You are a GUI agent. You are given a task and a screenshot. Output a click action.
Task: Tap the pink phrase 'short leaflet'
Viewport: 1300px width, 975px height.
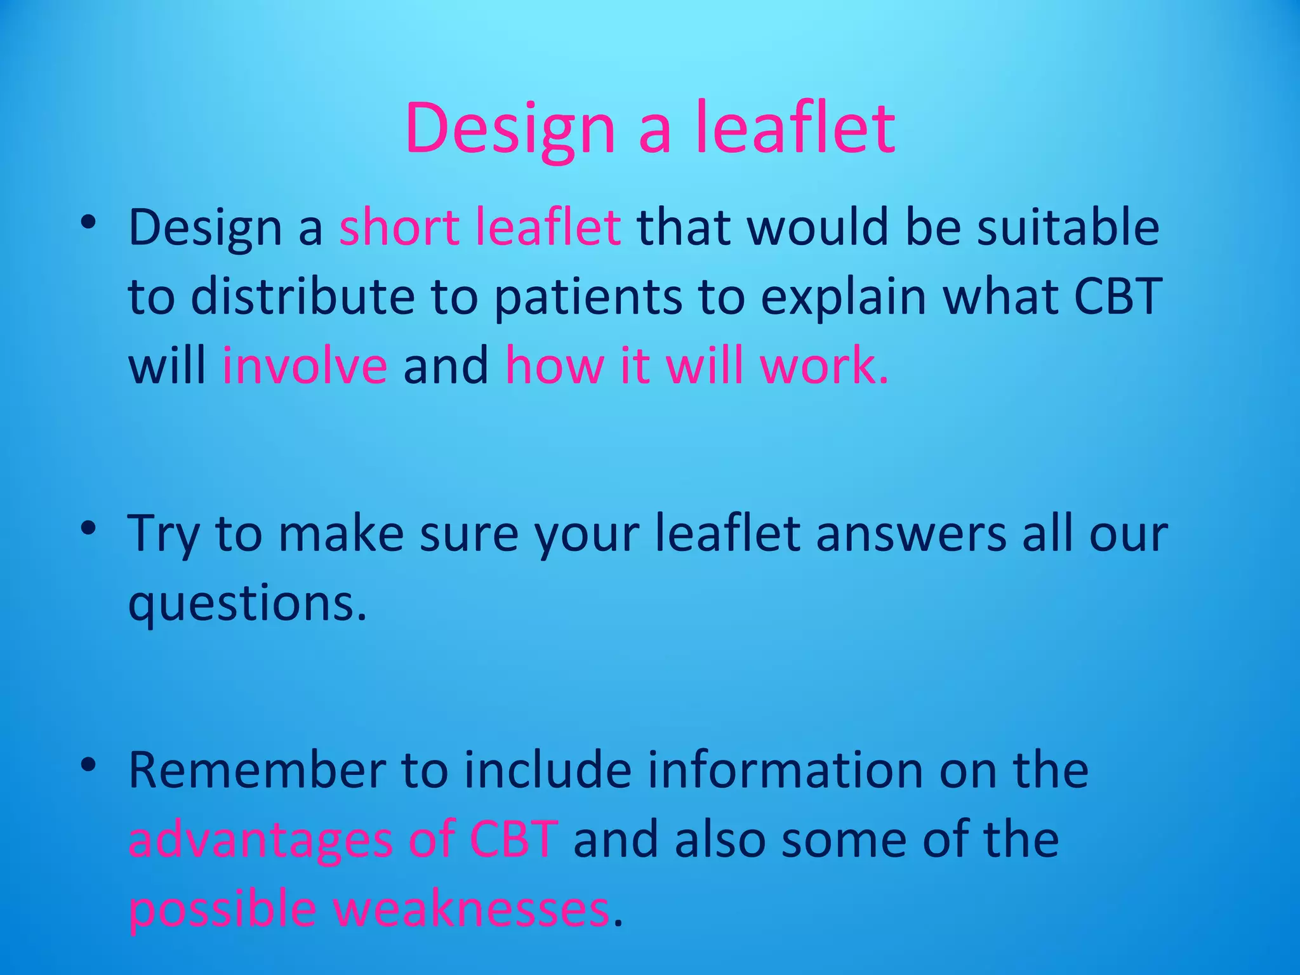[x=480, y=227]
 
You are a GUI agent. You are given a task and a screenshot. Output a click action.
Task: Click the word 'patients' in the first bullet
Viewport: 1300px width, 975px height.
[x=587, y=296]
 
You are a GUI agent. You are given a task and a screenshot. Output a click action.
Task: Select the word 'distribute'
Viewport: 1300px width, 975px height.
[x=302, y=296]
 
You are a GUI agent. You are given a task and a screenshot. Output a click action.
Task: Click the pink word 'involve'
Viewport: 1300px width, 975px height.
[x=304, y=366]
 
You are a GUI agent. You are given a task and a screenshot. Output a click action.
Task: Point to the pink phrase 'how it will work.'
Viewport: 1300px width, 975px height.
[x=696, y=366]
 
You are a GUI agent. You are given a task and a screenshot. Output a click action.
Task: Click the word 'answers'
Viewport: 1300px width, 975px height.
[x=911, y=533]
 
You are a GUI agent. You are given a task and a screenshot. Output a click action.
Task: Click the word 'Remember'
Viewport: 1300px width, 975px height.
[x=256, y=770]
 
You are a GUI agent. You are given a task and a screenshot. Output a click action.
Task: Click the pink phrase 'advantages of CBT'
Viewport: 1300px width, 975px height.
[x=343, y=840]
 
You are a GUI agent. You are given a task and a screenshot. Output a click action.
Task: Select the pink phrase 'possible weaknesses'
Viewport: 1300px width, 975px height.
[x=369, y=909]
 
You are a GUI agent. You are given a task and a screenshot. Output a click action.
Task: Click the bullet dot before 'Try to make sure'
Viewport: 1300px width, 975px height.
[x=88, y=528]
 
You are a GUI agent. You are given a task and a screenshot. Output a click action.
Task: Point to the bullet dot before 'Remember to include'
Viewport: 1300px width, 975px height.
[x=88, y=765]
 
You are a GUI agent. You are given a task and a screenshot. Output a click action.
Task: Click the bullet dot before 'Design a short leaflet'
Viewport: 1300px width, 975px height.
[x=88, y=222]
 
